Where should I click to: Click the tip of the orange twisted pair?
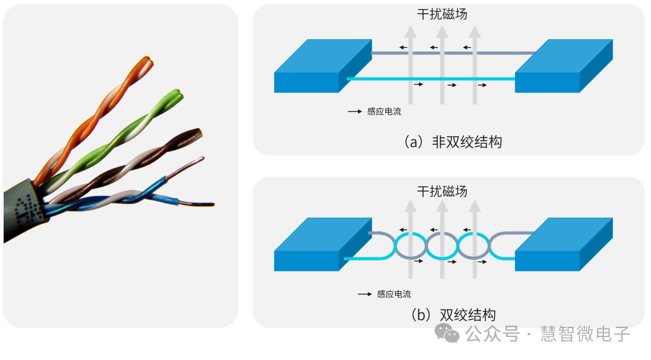(x=146, y=61)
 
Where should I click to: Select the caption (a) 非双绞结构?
(x=452, y=142)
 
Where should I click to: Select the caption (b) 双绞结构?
(x=453, y=315)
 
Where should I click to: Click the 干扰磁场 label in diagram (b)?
(x=442, y=191)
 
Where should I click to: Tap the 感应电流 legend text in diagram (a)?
(x=384, y=112)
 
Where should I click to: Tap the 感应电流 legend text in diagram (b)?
(x=394, y=294)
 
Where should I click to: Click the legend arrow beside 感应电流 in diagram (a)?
(x=354, y=112)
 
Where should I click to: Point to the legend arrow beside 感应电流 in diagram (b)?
(x=365, y=294)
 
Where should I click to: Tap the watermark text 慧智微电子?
(x=585, y=333)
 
